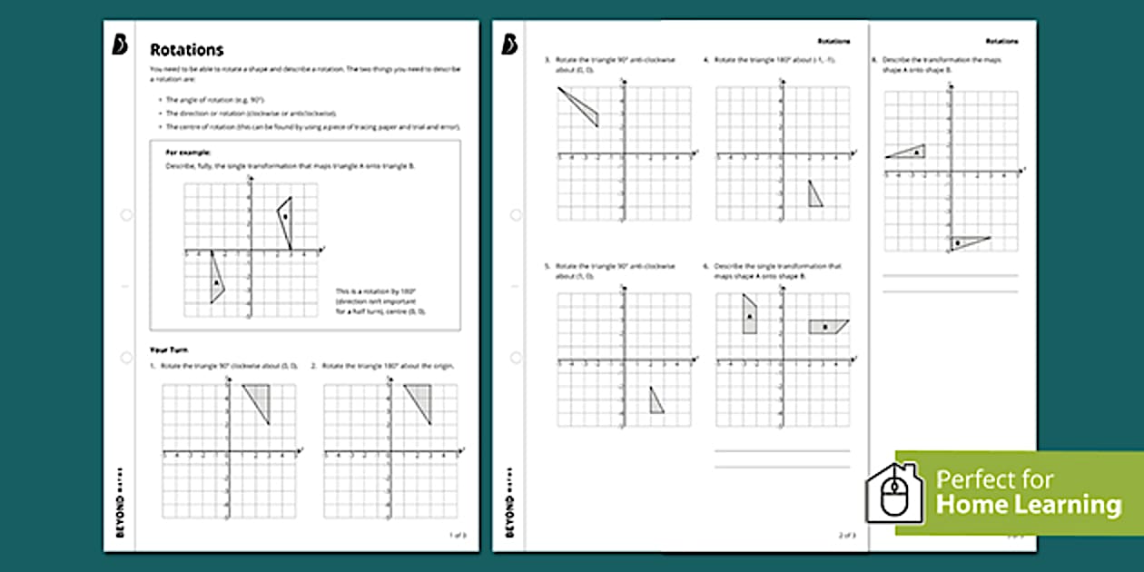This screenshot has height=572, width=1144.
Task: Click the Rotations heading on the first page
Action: tap(186, 50)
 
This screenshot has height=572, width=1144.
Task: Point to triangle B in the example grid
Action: tap(285, 218)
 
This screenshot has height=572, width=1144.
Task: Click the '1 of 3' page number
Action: tap(457, 535)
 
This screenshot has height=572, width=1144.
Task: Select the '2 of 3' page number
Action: tap(846, 535)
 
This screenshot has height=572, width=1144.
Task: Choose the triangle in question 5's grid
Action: tap(656, 401)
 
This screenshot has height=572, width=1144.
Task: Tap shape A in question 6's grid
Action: tap(750, 315)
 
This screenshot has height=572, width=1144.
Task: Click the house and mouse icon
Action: tap(894, 493)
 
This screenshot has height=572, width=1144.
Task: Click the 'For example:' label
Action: tap(188, 153)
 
